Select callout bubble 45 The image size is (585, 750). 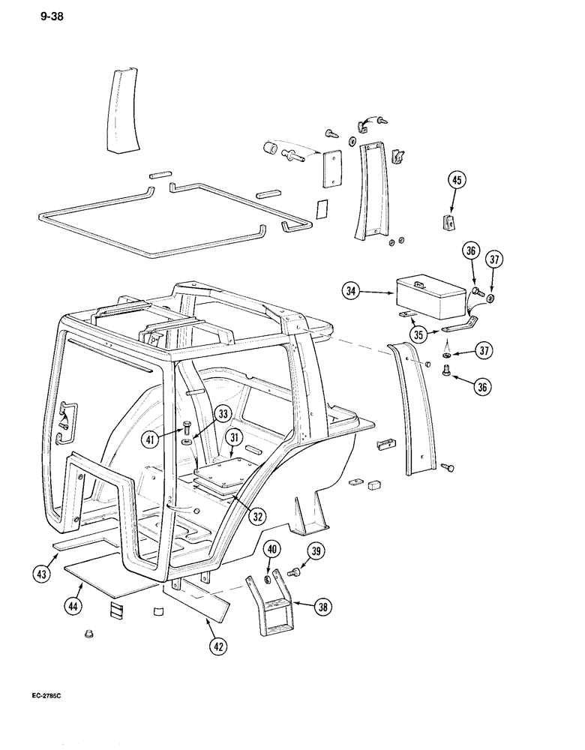pos(457,180)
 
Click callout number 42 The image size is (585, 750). pos(217,645)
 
